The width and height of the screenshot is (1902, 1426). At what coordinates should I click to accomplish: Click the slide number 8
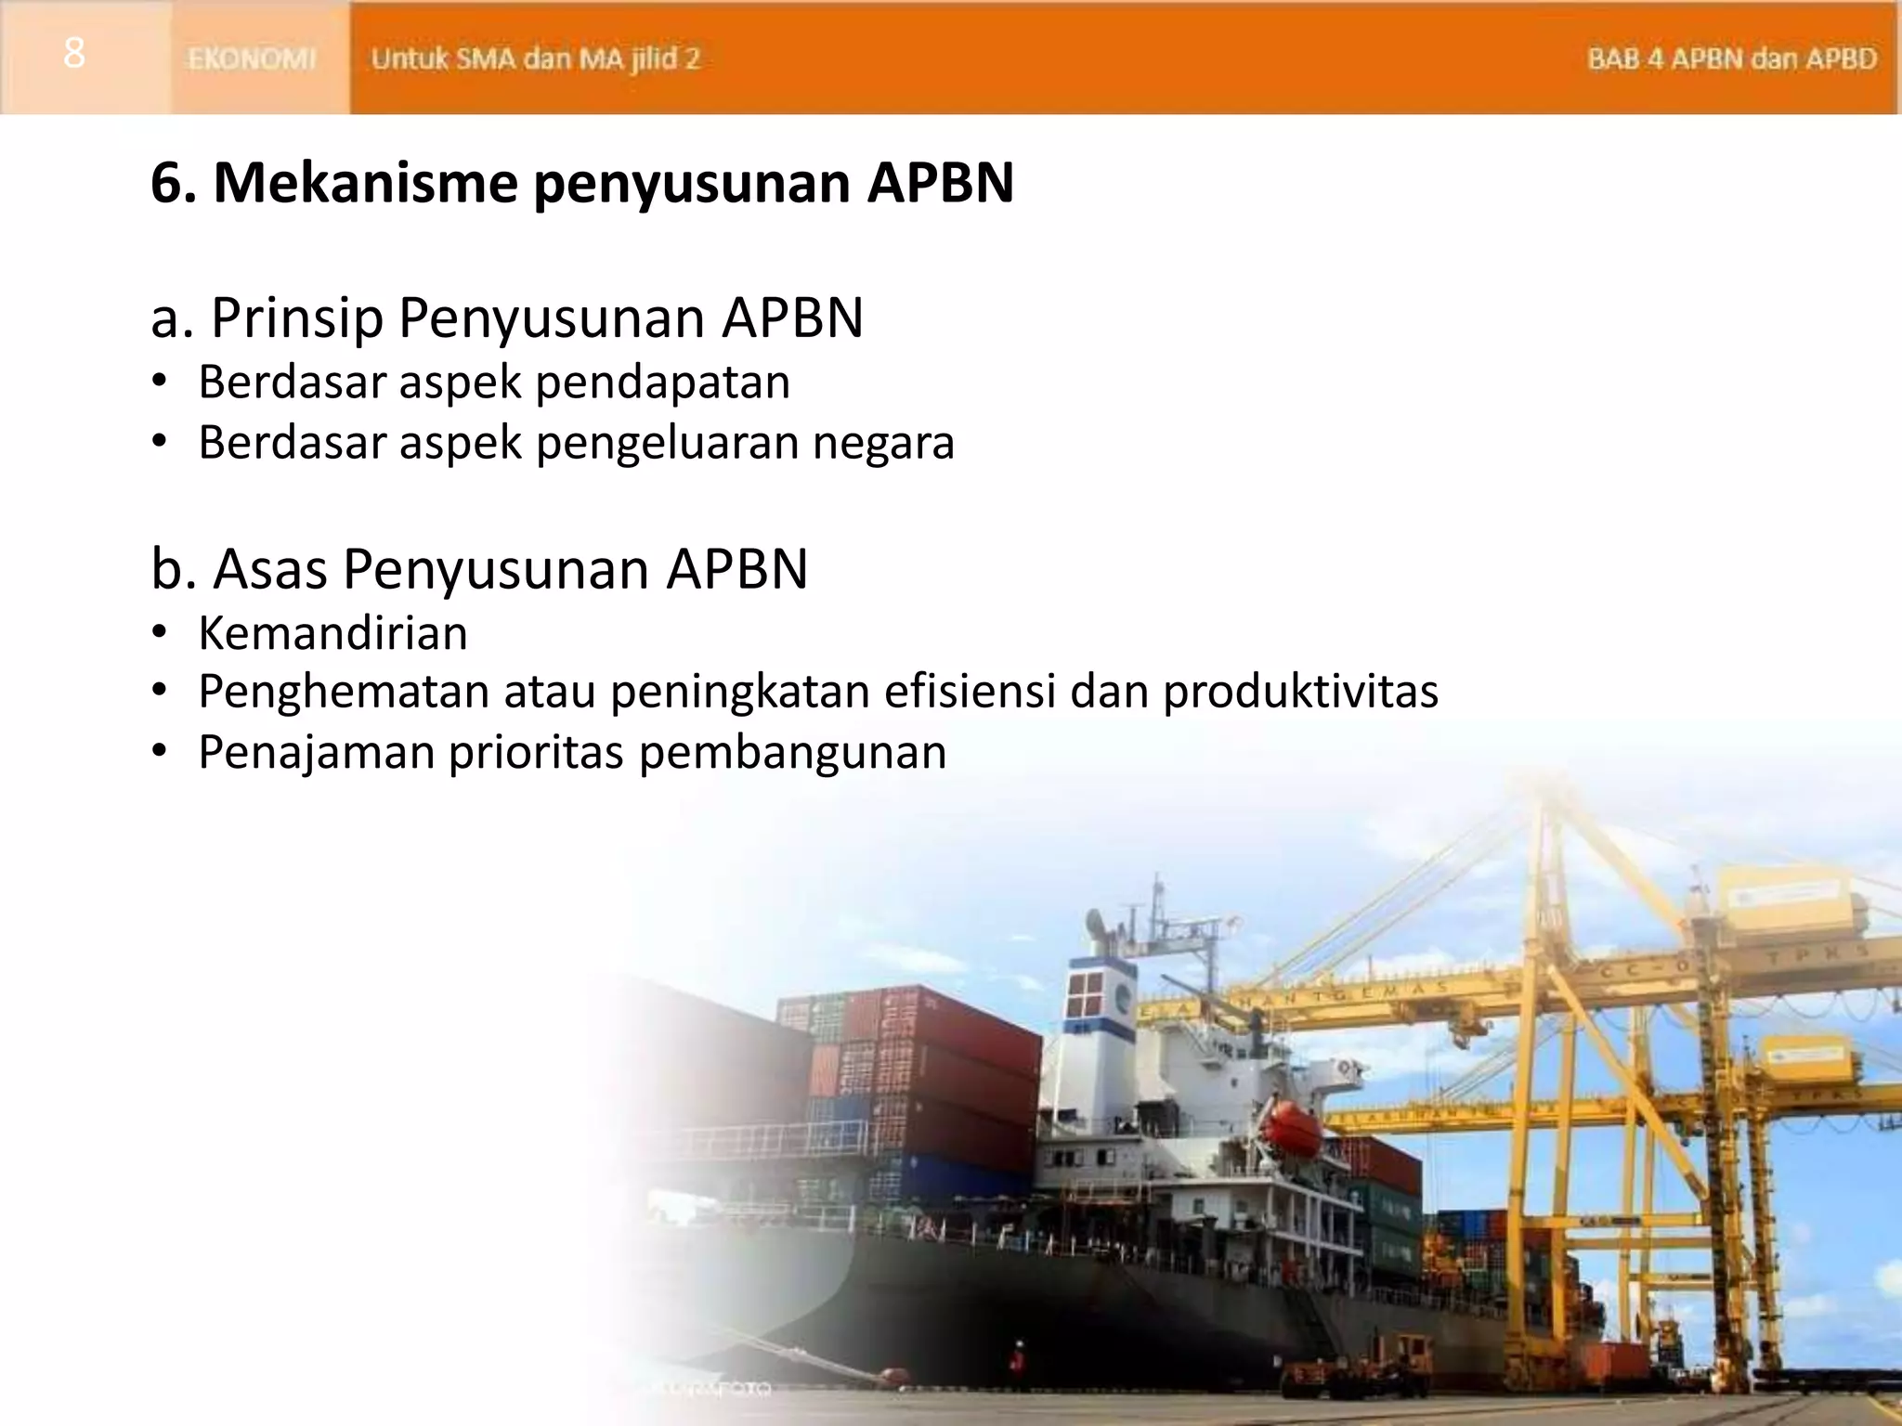(74, 54)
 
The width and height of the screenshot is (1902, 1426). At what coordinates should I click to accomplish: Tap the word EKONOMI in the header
(252, 59)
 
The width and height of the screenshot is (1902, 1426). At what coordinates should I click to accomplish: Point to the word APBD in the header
(1841, 59)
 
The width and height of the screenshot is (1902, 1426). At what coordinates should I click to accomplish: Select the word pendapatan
(663, 382)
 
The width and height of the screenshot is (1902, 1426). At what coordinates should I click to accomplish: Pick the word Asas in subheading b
(270, 569)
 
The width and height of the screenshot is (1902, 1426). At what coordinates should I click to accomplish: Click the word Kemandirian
(332, 634)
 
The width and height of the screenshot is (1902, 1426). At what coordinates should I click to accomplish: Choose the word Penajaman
(317, 752)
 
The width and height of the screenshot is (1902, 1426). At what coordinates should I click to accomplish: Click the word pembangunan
(792, 752)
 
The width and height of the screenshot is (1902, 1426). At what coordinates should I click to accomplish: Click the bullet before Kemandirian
(160, 634)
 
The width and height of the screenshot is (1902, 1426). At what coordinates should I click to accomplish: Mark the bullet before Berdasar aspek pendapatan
(160, 382)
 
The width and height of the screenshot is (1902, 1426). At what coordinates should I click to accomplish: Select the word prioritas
(537, 752)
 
